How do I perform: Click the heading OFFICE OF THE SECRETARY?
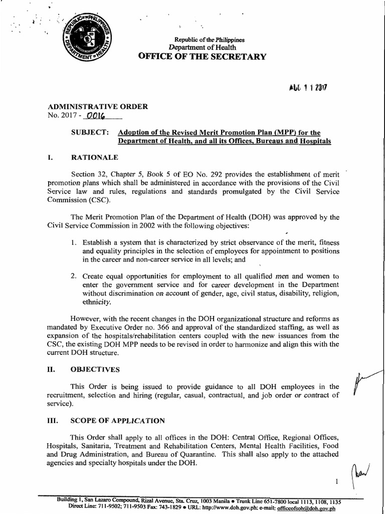(x=199, y=56)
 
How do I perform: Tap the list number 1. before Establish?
(x=73, y=242)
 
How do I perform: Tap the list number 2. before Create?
(x=73, y=276)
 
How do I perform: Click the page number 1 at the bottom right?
(x=337, y=481)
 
